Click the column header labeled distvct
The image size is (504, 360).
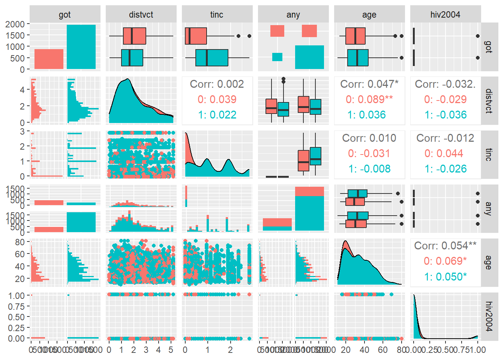click(x=141, y=15)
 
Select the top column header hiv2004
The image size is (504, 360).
click(x=445, y=15)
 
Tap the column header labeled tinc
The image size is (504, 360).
click(x=217, y=15)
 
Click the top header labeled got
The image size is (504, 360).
click(x=64, y=15)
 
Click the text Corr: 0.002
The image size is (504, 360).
click(x=217, y=84)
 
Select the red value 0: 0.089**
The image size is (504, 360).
click(x=369, y=99)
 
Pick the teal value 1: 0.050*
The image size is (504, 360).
click(x=445, y=277)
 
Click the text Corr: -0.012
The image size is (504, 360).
click(x=445, y=138)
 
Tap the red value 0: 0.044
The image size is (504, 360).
click(x=445, y=153)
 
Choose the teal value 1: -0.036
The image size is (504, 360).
click(x=445, y=115)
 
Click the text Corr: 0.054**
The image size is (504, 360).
click(x=445, y=246)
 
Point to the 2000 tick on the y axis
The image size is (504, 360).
click(x=15, y=24)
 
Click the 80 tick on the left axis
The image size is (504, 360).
click(x=20, y=242)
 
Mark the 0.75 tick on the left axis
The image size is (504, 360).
click(x=16, y=306)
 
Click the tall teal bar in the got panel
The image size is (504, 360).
click(x=81, y=47)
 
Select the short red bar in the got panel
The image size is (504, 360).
click(x=49, y=59)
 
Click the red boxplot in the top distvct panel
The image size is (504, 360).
click(x=134, y=36)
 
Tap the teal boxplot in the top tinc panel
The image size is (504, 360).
click(x=211, y=58)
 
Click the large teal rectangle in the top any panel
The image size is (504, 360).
click(x=309, y=57)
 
